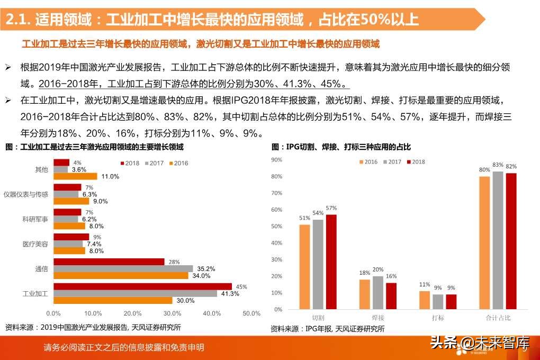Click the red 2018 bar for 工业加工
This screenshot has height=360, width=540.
tap(143, 286)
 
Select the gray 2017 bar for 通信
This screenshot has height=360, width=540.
tap(116, 268)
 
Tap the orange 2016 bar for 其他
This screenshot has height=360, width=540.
tap(76, 176)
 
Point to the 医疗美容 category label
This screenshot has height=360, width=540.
tap(35, 244)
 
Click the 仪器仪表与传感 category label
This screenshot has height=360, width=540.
tap(25, 194)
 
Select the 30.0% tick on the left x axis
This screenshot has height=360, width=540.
tap(173, 313)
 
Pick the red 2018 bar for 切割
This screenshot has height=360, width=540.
tap(331, 262)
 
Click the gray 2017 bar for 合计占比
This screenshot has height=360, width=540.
tap(498, 240)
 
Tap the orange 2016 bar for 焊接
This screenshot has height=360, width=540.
tap(365, 294)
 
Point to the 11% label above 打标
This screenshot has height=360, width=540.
tap(424, 284)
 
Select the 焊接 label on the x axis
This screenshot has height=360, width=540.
tap(378, 318)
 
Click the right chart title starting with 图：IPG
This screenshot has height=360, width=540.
tap(341, 147)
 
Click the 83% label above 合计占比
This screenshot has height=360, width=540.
tap(498, 165)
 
